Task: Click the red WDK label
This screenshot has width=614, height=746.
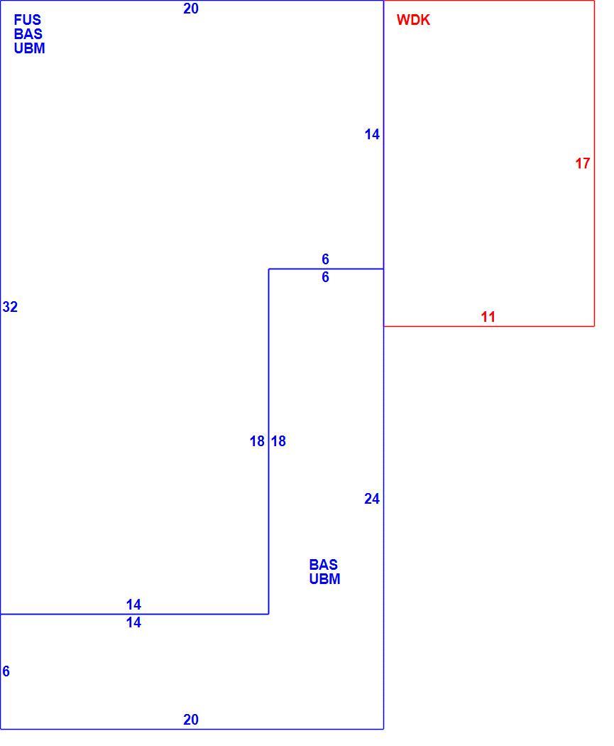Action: [413, 20]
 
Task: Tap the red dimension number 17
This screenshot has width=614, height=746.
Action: [583, 163]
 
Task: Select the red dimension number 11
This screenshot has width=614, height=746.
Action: [488, 317]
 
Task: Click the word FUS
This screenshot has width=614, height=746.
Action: [28, 20]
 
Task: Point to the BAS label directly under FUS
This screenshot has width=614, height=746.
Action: [28, 34]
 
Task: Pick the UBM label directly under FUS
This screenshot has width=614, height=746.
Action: [30, 48]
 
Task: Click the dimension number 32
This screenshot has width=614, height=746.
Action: [10, 308]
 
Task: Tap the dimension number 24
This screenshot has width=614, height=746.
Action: [372, 499]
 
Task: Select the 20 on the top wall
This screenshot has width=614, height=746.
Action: [191, 9]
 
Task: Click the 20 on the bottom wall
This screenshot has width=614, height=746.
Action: [191, 720]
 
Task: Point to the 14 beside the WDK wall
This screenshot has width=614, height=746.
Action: [372, 135]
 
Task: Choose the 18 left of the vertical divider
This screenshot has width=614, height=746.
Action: [257, 441]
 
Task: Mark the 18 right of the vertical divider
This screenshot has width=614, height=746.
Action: [278, 441]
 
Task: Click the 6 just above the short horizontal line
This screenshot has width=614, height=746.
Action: [326, 259]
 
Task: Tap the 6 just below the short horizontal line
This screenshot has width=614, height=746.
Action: [326, 277]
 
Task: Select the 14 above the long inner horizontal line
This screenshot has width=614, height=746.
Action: [133, 605]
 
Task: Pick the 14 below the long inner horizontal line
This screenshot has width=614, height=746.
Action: [133, 623]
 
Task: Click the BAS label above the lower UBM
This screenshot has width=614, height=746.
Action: [323, 565]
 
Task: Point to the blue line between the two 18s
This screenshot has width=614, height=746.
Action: [268, 441]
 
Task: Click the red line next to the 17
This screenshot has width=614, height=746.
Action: [595, 163]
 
